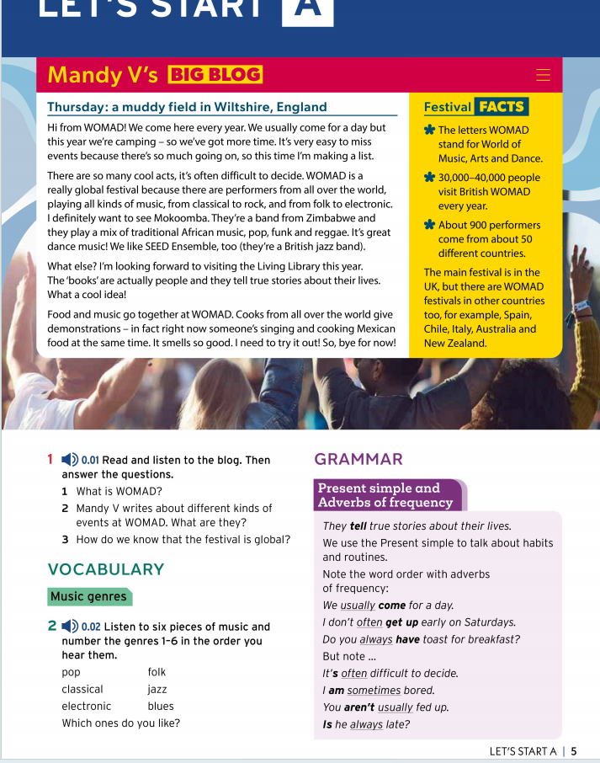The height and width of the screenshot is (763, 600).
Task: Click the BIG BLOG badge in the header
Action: [x=215, y=74]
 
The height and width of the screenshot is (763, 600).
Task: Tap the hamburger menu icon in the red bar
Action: [x=543, y=75]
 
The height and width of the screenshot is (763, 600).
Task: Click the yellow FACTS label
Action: [x=502, y=107]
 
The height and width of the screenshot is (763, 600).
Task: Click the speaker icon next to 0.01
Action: [x=70, y=460]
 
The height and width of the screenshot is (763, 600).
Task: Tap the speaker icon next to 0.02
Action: [x=70, y=627]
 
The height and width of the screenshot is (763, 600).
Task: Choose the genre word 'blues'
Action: [x=161, y=707]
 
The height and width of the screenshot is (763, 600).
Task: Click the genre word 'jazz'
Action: [x=157, y=690]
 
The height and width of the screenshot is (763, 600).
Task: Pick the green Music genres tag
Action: [x=89, y=597]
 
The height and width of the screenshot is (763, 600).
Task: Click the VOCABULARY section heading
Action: [x=106, y=569]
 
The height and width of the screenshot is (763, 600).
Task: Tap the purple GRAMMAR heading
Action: [x=358, y=459]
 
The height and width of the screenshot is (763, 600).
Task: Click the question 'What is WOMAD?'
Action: [x=119, y=492]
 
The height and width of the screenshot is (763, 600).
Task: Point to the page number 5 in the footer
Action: [x=573, y=751]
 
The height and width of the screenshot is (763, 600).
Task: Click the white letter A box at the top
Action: [x=307, y=10]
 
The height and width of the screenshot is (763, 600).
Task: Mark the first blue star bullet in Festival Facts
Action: [x=430, y=131]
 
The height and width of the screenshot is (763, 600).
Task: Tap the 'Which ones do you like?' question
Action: [x=120, y=723]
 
